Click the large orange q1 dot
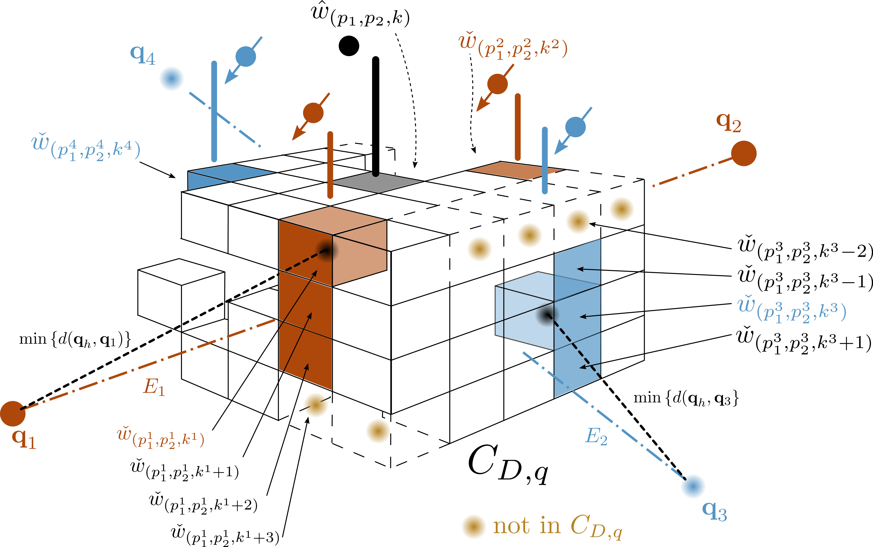[13, 414]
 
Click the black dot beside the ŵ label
[349, 46]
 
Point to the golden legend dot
[474, 526]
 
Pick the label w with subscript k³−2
[805, 249]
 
